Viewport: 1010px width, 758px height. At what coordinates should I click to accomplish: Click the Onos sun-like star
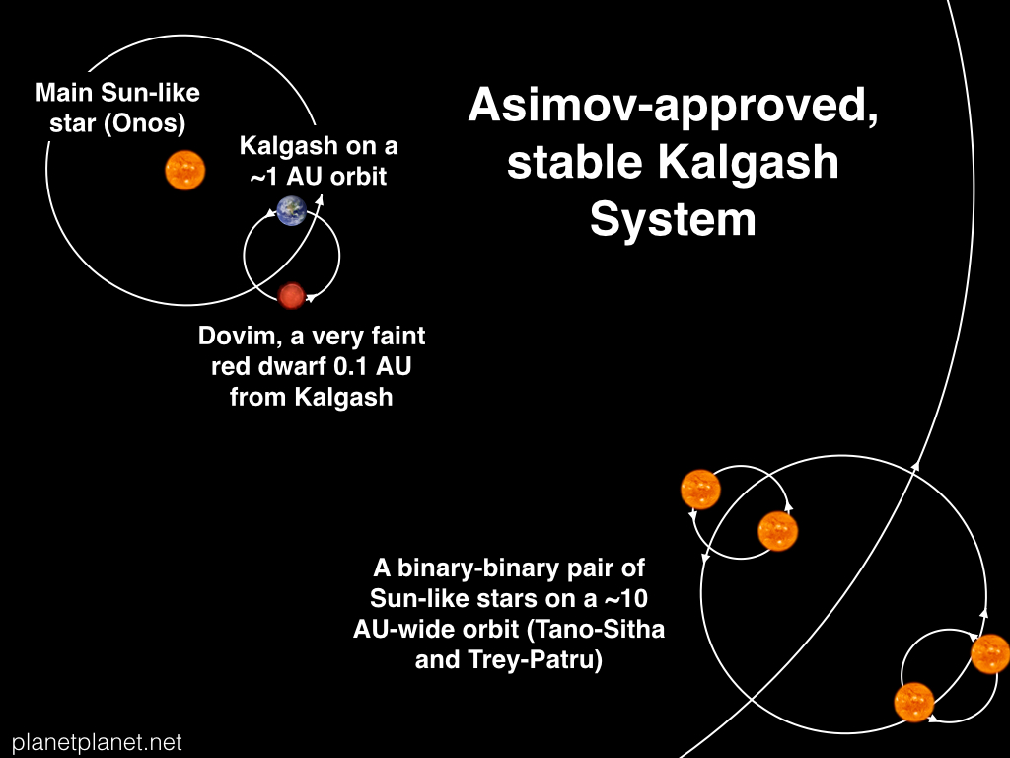pyautogui.click(x=184, y=170)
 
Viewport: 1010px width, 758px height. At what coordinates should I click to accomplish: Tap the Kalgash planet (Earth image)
pyautogui.click(x=292, y=211)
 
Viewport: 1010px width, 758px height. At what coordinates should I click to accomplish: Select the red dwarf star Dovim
pyautogui.click(x=291, y=296)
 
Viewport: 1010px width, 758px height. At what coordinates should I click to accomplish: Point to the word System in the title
pyautogui.click(x=673, y=219)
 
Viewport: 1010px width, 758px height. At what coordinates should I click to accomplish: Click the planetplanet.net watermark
pyautogui.click(x=97, y=742)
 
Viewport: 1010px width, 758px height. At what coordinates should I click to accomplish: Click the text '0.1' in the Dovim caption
pyautogui.click(x=350, y=366)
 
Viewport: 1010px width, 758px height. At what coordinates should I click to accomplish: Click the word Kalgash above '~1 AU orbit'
pyautogui.click(x=289, y=147)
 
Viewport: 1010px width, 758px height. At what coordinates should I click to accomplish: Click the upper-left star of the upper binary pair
pyautogui.click(x=700, y=490)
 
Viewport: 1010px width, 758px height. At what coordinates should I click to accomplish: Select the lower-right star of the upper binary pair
pyautogui.click(x=777, y=531)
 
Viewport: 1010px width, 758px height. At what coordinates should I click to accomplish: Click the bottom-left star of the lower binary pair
pyautogui.click(x=914, y=703)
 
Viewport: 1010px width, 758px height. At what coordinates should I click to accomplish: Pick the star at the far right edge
pyautogui.click(x=990, y=653)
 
